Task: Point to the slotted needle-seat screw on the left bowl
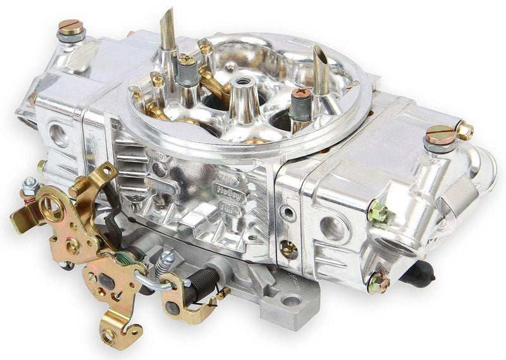71,27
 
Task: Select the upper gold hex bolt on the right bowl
378,211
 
